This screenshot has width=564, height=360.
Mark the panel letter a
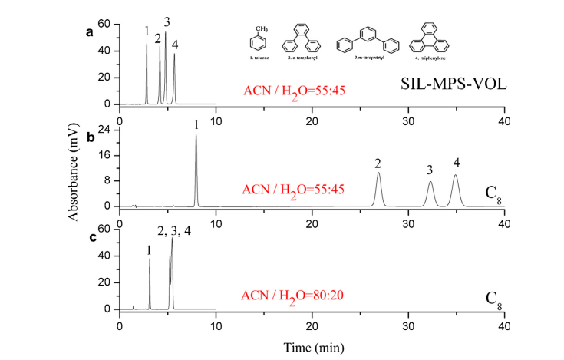[90, 32]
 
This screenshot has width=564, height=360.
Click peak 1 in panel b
[196, 137]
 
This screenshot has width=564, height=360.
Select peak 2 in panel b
[378, 174]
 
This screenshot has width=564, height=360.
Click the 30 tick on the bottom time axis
[408, 325]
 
